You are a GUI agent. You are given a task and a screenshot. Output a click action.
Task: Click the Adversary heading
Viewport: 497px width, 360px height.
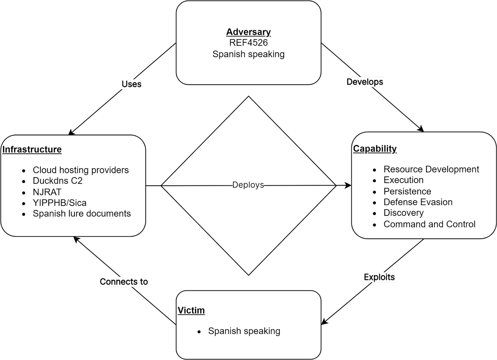[248, 32]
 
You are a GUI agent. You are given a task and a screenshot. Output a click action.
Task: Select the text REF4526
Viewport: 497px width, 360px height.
[248, 43]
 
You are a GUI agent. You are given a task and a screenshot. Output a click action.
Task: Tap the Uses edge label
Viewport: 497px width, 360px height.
[131, 84]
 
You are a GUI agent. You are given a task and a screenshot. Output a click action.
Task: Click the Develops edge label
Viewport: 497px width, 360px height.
[365, 82]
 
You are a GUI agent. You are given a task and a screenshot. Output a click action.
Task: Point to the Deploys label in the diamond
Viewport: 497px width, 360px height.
[248, 185]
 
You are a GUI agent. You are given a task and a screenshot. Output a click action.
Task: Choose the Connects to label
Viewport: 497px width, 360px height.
[124, 282]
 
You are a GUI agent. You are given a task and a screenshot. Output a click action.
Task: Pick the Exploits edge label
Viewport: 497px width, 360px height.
[379, 277]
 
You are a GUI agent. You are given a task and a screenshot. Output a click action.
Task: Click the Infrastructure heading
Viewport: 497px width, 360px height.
[32, 149]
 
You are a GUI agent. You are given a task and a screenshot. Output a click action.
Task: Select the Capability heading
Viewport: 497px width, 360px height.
[375, 149]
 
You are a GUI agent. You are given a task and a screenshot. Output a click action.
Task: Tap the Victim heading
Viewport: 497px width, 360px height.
[191, 310]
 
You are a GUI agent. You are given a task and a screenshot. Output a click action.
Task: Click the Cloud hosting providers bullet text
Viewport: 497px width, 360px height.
[81, 170]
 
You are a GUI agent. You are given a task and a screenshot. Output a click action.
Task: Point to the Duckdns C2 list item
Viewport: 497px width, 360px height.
[58, 181]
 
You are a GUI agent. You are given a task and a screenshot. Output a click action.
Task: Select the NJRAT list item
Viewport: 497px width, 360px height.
[47, 192]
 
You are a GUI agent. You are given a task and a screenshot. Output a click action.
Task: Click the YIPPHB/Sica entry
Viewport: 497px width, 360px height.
[60, 203]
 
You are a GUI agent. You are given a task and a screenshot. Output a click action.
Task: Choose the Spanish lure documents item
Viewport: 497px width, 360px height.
[82, 214]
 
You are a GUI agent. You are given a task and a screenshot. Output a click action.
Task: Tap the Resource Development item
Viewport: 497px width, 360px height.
[431, 169]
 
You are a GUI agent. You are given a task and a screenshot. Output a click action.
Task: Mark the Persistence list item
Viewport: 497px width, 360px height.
[407, 192]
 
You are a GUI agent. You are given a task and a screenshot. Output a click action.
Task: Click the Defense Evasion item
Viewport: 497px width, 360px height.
[418, 202]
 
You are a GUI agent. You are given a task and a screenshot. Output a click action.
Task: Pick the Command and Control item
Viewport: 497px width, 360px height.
[429, 224]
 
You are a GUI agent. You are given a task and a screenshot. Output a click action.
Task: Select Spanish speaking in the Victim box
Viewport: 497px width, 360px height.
[244, 331]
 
